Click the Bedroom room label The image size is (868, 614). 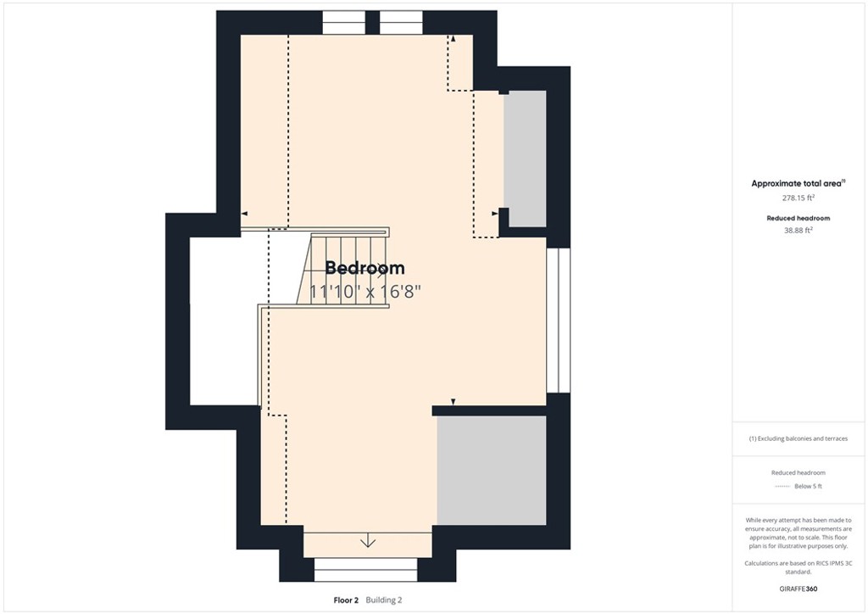(x=364, y=268)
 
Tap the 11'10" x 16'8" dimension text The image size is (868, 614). (x=364, y=291)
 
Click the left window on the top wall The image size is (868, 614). (x=344, y=22)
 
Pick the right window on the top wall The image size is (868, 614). (x=401, y=22)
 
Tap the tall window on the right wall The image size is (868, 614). (x=558, y=320)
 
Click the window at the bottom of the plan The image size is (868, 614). (x=366, y=569)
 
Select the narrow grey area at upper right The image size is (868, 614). (x=525, y=159)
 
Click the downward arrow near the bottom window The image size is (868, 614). (x=367, y=542)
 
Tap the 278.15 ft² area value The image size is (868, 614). (x=798, y=198)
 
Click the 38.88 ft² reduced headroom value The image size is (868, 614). (x=798, y=230)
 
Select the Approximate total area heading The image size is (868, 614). (x=798, y=183)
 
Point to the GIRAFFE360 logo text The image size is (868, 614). (x=798, y=588)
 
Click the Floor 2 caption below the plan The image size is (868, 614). (x=347, y=600)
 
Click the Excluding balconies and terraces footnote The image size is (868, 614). (x=798, y=438)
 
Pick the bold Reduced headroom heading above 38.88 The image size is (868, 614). (x=798, y=218)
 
